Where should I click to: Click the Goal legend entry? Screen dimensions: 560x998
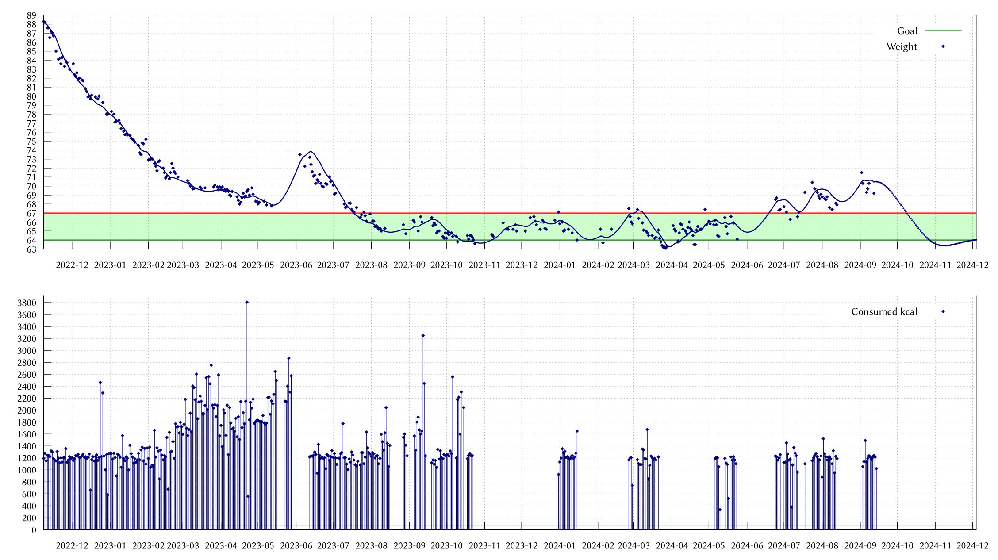click(x=907, y=31)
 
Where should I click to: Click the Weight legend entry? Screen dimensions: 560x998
click(x=902, y=47)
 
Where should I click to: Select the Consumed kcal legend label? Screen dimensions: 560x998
click(x=884, y=312)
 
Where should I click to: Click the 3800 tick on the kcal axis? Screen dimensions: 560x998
click(x=27, y=303)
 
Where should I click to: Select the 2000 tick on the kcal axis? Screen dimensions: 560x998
click(x=27, y=410)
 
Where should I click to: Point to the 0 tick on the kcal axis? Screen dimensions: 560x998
click(x=34, y=530)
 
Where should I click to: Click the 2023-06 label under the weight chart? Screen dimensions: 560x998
click(x=296, y=265)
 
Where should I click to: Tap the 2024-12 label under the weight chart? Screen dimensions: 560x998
click(x=972, y=265)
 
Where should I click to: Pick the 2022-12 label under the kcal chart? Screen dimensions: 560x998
click(x=72, y=546)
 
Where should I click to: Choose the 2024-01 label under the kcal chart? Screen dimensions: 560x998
click(x=560, y=546)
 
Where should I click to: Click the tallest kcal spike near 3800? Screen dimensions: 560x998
click(x=247, y=303)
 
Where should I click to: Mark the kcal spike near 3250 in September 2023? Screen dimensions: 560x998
click(x=423, y=336)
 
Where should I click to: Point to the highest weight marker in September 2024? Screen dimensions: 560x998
click(x=861, y=173)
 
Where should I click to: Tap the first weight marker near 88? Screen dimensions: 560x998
click(x=43, y=21)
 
